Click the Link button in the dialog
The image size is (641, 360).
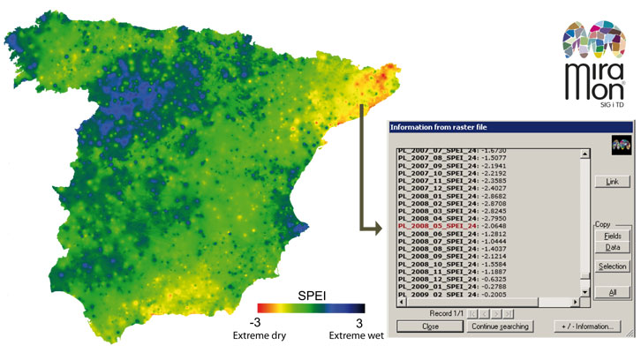coord(611,181)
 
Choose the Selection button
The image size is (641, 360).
coord(611,266)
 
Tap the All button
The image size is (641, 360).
coord(611,291)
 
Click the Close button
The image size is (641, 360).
coord(430,326)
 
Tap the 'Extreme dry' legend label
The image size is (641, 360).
coord(255,334)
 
